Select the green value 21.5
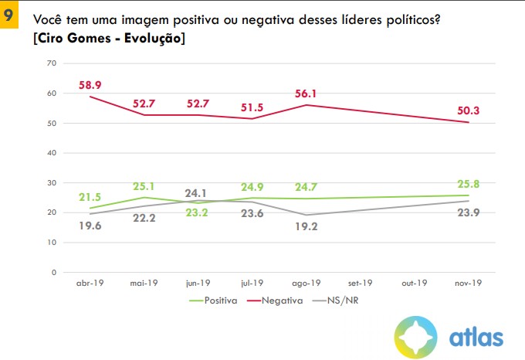(x=90, y=197)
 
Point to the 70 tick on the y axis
(x=52, y=63)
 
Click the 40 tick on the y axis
(x=52, y=152)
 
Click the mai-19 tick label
(x=144, y=283)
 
